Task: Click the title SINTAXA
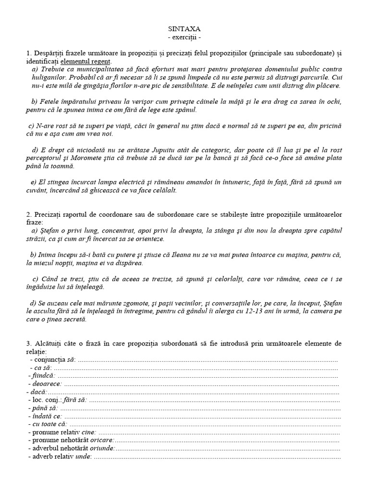184,29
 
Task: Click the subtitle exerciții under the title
184,37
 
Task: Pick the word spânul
185,110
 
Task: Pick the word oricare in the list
102,441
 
